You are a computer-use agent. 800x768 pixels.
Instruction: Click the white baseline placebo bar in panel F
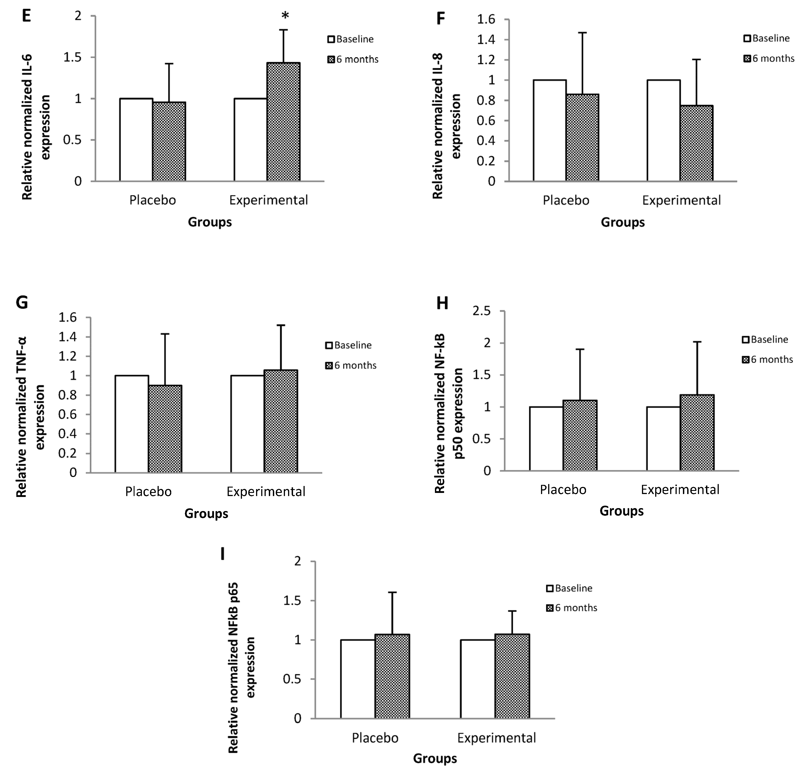549,131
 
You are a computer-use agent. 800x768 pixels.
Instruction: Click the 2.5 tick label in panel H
482,311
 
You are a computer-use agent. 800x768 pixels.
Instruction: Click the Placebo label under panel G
148,492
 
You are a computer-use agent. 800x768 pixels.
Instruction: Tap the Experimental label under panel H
680,489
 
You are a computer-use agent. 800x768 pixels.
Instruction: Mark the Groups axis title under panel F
622,222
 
